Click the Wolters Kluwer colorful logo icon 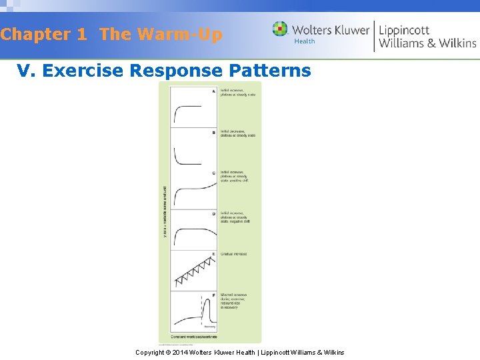(280, 29)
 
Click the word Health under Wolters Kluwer (305, 41)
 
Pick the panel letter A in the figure (213, 91)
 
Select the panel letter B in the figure (213, 132)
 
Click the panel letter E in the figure (213, 254)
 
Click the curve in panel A (187, 107)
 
